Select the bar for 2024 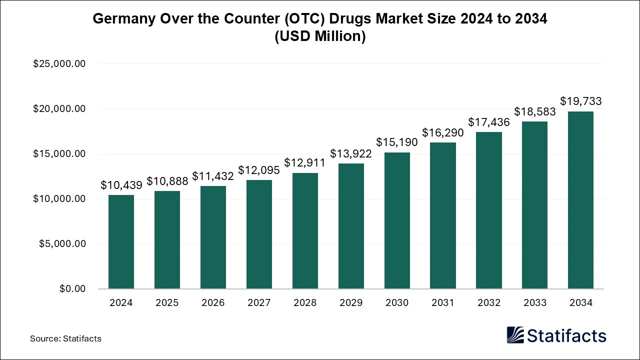(x=121, y=242)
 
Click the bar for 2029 (x=351, y=226)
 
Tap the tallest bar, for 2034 (x=580, y=200)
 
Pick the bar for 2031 (x=443, y=215)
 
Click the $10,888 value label (x=167, y=181)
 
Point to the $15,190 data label (x=397, y=143)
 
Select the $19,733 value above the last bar (x=580, y=101)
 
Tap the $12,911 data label (x=305, y=162)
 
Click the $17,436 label (x=489, y=122)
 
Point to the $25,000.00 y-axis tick (x=59, y=64)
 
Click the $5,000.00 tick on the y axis (x=62, y=244)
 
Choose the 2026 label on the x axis (x=213, y=303)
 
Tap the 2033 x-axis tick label (x=534, y=303)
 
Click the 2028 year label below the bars (x=305, y=303)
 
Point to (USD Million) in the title (x=320, y=36)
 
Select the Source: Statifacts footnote (x=65, y=338)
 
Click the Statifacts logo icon (x=515, y=335)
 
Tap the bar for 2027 (x=259, y=234)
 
